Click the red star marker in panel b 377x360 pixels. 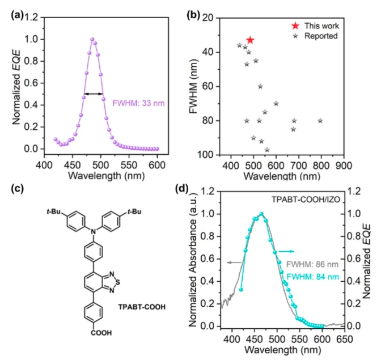coord(250,40)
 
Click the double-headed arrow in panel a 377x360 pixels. coord(93,94)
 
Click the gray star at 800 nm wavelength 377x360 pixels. coord(321,120)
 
